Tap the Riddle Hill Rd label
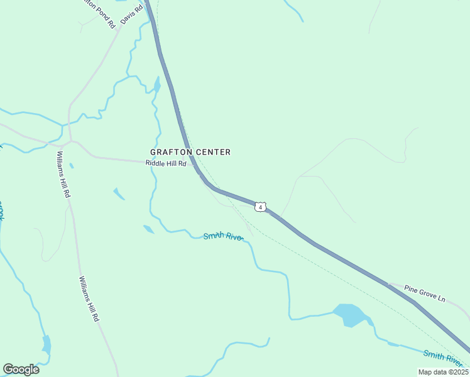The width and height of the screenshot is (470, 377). [167, 163]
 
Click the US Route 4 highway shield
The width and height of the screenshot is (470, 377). [260, 207]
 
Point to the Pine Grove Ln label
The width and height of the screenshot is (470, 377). [424, 293]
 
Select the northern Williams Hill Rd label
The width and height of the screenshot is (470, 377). [62, 174]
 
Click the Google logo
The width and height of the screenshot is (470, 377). [21, 369]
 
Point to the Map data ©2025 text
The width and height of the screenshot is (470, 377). [443, 372]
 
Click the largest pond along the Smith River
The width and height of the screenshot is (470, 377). [350, 315]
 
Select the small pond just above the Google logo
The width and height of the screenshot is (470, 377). [46, 344]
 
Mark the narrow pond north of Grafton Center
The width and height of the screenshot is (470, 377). [156, 85]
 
